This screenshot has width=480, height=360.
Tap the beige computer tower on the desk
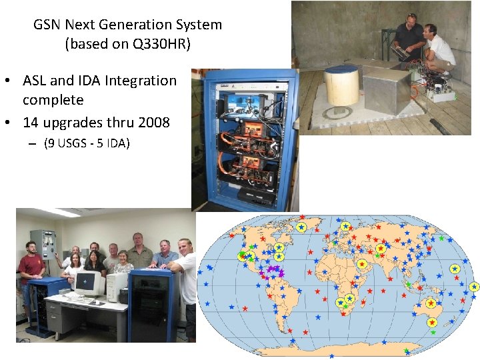tap(117, 287)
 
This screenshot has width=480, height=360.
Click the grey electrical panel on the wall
tap(43, 243)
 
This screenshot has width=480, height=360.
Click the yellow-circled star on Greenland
tap(301, 227)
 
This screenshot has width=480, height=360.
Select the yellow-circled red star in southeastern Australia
tap(432, 322)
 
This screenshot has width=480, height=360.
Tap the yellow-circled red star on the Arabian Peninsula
tap(362, 264)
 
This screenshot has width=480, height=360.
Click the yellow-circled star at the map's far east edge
tap(474, 287)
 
